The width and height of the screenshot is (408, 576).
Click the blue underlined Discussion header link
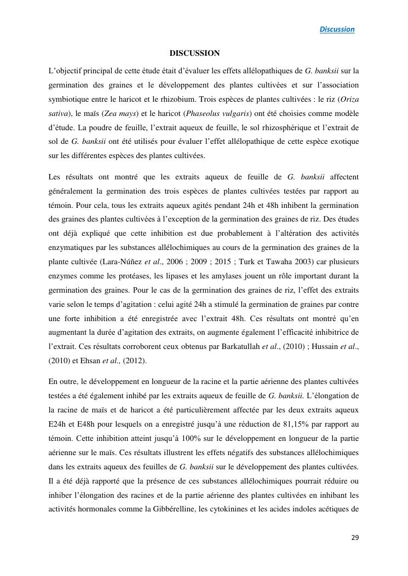coord(337,30)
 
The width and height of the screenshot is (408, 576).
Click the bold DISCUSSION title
coord(194,53)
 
